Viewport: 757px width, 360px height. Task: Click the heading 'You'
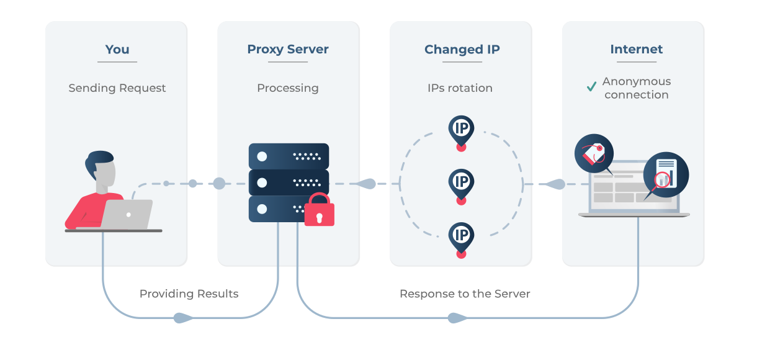coord(117,50)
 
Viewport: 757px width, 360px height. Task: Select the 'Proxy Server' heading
coord(288,50)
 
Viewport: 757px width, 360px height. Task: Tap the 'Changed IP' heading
coord(462,50)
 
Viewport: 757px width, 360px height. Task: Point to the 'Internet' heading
coord(636,50)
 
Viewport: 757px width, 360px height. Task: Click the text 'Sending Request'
coord(117,88)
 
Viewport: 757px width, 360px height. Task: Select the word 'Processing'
coord(288,88)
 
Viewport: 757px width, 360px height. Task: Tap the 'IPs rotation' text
coord(460,88)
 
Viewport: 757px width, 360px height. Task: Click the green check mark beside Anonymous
coord(591,87)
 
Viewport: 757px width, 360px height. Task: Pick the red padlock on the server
coord(319,210)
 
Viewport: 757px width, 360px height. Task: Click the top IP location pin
coord(461,129)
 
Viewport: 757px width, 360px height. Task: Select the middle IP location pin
coord(461,182)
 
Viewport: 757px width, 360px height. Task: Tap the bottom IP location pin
coord(461,236)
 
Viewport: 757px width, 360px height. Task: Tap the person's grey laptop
coord(127,214)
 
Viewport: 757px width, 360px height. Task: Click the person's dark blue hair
coord(99,163)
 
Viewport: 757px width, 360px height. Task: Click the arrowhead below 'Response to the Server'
coord(457,318)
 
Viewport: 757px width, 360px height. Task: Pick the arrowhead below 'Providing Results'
coord(182,318)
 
